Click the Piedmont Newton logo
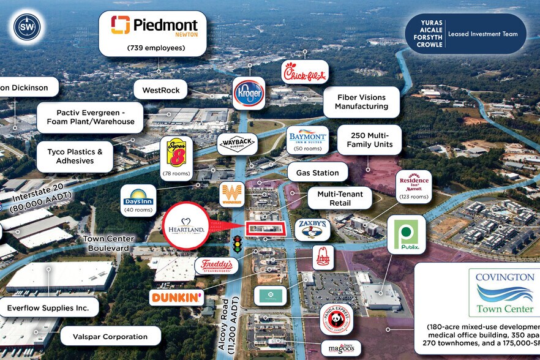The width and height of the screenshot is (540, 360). [x=154, y=26]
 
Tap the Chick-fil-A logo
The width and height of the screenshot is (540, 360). [x=305, y=74]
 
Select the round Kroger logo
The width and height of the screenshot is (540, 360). [x=249, y=93]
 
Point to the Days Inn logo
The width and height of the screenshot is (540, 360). [x=138, y=196]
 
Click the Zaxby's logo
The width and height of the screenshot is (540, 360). [x=312, y=230]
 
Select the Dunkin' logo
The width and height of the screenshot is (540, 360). [x=177, y=298]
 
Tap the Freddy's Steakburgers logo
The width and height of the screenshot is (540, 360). [x=216, y=265]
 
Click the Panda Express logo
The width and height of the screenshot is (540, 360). [x=336, y=319]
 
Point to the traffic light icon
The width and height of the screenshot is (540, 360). [x=236, y=244]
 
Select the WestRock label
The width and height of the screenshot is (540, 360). [x=161, y=91]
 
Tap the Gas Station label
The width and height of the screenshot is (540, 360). [x=317, y=173]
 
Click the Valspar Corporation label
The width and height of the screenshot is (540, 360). [x=111, y=336]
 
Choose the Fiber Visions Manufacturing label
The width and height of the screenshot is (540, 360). [x=361, y=102]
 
